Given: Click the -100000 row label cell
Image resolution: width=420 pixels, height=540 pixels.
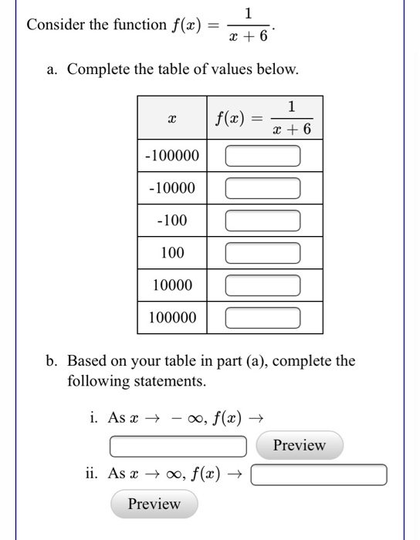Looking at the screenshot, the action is click(x=172, y=157).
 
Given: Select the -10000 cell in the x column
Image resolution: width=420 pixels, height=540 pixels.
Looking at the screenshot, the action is click(x=172, y=188).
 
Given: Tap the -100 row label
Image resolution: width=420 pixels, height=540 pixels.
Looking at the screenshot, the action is click(x=172, y=221).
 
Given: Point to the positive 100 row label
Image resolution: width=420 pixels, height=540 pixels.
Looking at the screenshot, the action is click(x=172, y=252).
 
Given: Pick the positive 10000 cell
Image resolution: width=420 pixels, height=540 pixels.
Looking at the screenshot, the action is click(x=172, y=285).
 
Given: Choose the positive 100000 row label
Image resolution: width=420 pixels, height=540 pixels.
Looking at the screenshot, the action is click(x=172, y=317).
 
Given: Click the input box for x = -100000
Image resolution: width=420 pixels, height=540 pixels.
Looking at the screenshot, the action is click(x=262, y=157).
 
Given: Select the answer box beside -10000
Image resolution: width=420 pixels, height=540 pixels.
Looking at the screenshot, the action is click(x=262, y=188).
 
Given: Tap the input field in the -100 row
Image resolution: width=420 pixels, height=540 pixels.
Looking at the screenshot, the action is click(x=262, y=221).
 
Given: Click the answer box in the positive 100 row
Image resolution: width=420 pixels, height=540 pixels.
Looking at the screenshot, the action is click(x=262, y=253).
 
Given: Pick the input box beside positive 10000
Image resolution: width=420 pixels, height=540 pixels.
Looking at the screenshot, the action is click(x=262, y=285).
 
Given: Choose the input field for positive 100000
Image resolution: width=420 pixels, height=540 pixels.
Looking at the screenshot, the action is click(x=262, y=317).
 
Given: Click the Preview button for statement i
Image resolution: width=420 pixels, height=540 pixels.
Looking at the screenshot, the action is click(x=300, y=445).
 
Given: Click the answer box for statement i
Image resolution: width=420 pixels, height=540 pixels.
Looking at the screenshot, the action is click(x=178, y=446).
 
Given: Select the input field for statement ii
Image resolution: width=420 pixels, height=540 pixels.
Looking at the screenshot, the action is click(x=319, y=474).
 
